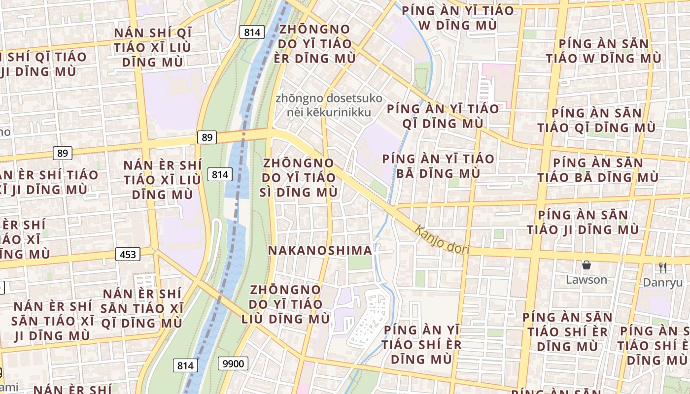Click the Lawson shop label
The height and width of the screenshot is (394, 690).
coord(586,280)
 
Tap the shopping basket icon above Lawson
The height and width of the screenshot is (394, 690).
coord(586,266)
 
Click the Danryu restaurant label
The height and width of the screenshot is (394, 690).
coord(661,283)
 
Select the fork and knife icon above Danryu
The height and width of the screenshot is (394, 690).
coord(663,268)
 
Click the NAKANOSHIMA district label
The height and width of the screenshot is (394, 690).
coord(320,250)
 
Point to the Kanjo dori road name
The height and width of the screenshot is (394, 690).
coord(442,240)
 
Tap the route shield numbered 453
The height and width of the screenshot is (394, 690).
coord(128,254)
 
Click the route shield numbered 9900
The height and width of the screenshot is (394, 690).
coord(233,364)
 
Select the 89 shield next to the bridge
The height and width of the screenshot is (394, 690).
coord(207,137)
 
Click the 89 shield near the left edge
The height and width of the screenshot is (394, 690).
coord(63,153)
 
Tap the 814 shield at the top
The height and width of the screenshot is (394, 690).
coord(252,33)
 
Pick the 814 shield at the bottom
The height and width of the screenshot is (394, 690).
coord(185,365)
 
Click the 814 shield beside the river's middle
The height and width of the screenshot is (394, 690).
coord(220,174)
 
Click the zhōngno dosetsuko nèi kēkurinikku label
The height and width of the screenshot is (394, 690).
coord(329,105)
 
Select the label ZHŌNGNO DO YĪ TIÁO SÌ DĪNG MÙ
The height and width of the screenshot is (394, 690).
coord(299,177)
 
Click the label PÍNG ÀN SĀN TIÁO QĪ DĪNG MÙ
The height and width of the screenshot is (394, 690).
coord(596,121)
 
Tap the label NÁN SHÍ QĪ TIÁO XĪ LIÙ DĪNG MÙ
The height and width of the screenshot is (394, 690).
coord(152,47)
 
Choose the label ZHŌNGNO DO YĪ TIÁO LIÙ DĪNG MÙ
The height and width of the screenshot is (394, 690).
coord(286,304)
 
